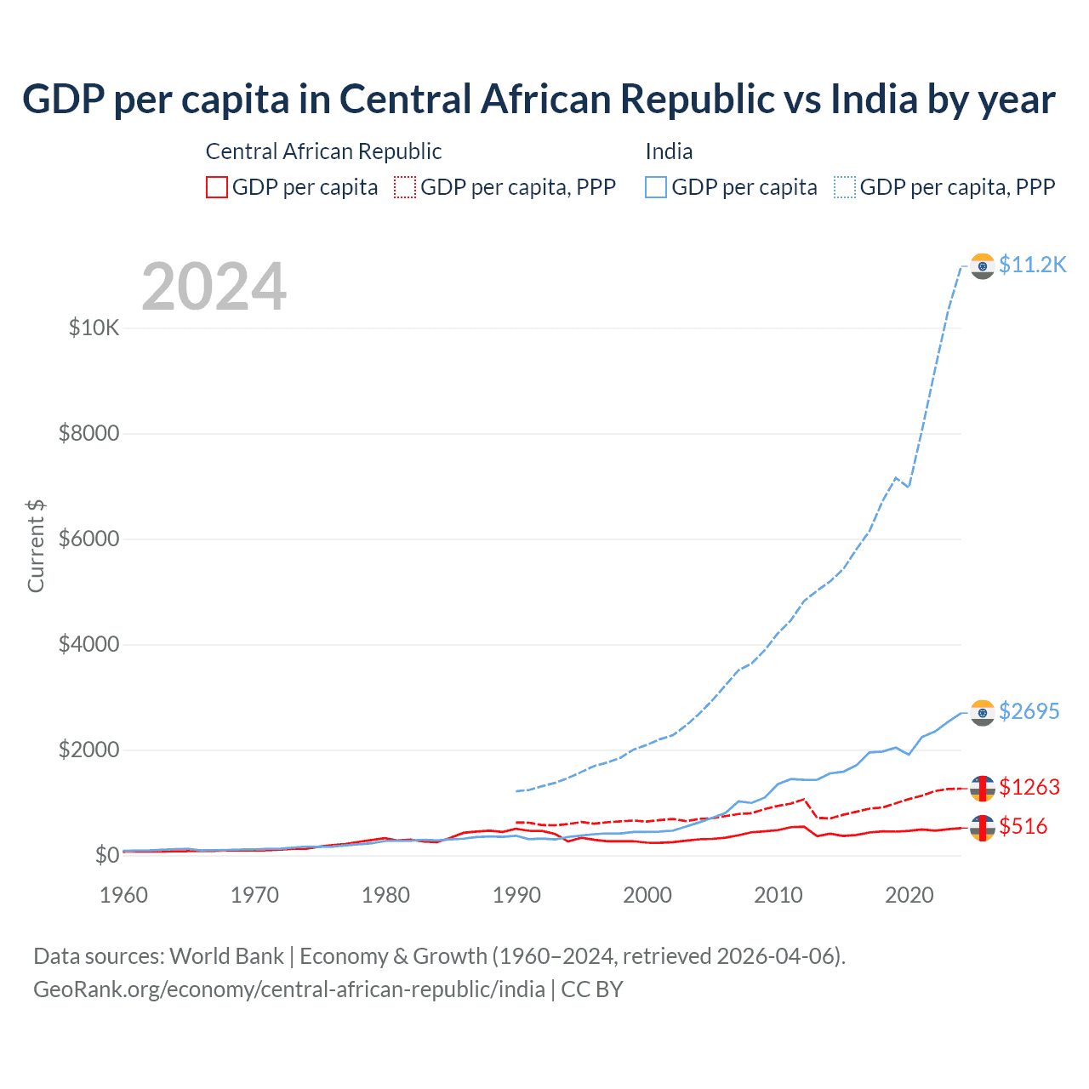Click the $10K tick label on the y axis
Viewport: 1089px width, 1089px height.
[94, 328]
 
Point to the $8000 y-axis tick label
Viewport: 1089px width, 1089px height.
[88, 433]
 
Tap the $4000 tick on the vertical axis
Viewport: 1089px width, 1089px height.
[88, 644]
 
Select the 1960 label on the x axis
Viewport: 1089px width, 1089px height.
[123, 895]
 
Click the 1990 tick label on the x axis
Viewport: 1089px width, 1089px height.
[516, 895]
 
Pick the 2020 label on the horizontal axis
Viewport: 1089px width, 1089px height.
[909, 895]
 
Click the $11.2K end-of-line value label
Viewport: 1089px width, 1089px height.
[1032, 265]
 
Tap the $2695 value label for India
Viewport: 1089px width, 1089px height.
[1029, 711]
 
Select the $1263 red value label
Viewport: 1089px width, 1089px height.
[1029, 787]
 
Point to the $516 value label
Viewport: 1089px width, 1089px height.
[1023, 826]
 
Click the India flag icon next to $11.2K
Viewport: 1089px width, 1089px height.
[983, 265]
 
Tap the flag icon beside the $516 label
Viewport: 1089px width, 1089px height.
[983, 827]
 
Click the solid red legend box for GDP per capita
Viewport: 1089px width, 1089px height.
[217, 187]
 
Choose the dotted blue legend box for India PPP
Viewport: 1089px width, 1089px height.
[845, 187]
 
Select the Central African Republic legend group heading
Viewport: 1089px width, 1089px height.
[323, 151]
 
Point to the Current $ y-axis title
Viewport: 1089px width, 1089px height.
[36, 546]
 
